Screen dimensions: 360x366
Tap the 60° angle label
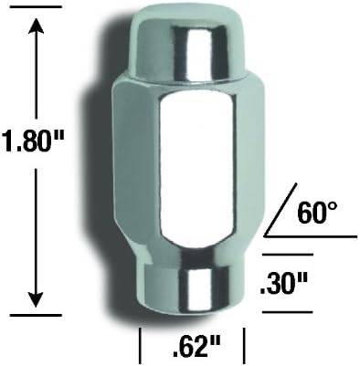click(x=317, y=214)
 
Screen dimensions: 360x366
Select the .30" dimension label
click(x=283, y=285)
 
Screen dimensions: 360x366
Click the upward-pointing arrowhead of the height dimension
click(x=37, y=26)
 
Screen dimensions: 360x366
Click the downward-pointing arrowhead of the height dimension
click(x=37, y=299)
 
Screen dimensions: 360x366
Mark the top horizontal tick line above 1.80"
click(x=36, y=6)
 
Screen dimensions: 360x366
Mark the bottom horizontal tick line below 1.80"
click(x=36, y=315)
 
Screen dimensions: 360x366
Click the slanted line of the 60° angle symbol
click(x=281, y=210)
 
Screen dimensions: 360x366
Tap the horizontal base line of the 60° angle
click(x=311, y=236)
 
